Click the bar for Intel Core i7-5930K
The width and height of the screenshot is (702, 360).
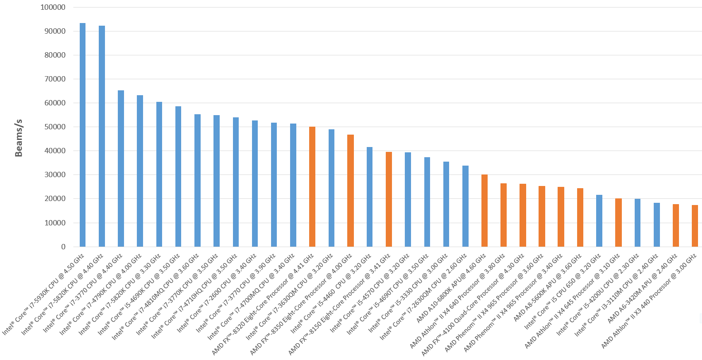click(82, 135)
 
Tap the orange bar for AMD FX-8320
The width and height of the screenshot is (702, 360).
click(312, 186)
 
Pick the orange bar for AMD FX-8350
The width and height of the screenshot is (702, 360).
click(350, 190)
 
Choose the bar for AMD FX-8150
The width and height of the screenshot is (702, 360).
click(389, 199)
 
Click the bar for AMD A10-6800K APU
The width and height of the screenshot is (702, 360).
click(485, 210)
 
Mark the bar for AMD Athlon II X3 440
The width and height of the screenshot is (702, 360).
click(695, 226)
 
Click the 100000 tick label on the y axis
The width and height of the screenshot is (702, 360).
click(53, 7)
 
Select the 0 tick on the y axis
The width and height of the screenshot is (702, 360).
click(63, 247)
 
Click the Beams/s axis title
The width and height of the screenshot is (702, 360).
click(19, 138)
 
